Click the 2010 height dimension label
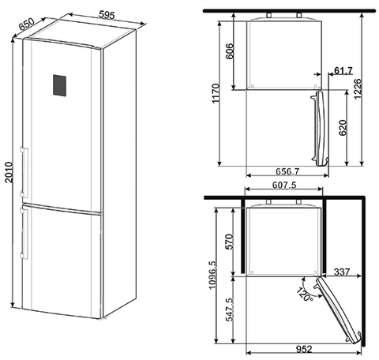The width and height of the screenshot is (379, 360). pos(9,172)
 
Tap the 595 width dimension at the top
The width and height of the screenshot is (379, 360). pos(107,15)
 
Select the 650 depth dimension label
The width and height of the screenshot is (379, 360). pos(27,24)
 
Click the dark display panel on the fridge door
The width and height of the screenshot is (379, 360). pos(59,85)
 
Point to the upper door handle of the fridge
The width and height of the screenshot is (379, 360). pos(24,172)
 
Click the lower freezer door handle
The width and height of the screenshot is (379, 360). pos(24,233)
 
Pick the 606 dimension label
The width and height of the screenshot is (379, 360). pos(230,51)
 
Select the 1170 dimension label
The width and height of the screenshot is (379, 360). pos(216,93)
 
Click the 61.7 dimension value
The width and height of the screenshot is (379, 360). pos(343,70)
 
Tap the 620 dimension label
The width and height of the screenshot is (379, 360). pos(343,128)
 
